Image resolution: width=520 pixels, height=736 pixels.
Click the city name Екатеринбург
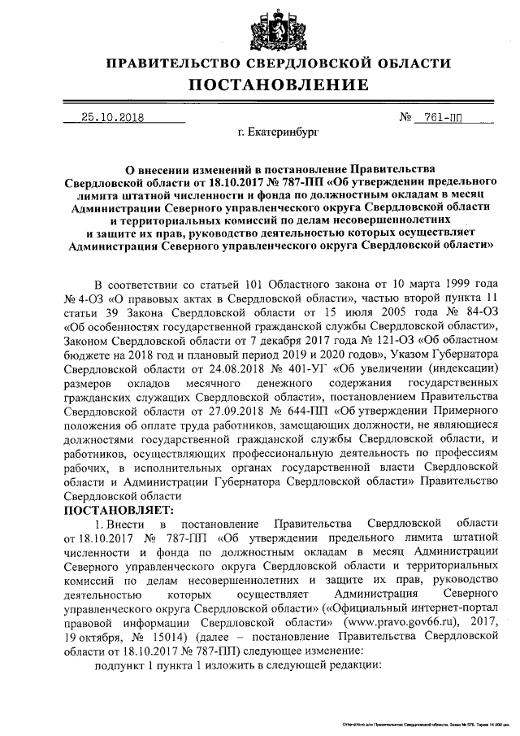284,131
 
